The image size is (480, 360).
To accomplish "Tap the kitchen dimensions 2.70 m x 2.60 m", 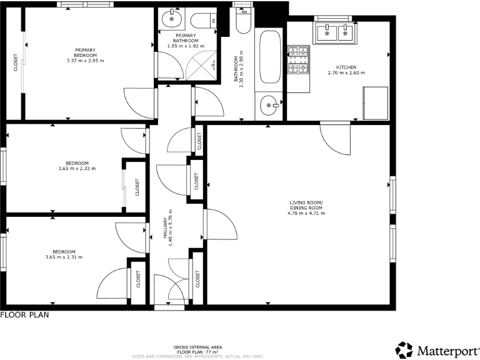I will click(x=346, y=73).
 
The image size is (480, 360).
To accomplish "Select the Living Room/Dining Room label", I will click(x=306, y=205).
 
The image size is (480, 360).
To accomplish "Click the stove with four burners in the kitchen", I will click(x=298, y=59).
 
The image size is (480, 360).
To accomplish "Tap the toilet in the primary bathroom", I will click(x=202, y=21).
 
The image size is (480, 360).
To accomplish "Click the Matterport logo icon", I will click(x=404, y=349).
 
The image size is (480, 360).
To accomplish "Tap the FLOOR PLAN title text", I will click(x=24, y=316).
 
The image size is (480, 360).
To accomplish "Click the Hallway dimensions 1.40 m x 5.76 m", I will click(x=170, y=231).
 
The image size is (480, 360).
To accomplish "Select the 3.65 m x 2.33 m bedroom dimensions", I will click(x=77, y=168).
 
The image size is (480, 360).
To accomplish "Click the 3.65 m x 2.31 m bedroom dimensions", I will click(x=64, y=257).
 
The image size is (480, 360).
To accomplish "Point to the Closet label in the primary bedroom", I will click(x=16, y=62).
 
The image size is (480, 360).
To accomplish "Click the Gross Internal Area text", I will click(x=197, y=347).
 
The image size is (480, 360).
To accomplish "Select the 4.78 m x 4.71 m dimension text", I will click(x=306, y=214).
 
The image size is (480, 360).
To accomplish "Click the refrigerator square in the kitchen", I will click(x=375, y=104).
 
